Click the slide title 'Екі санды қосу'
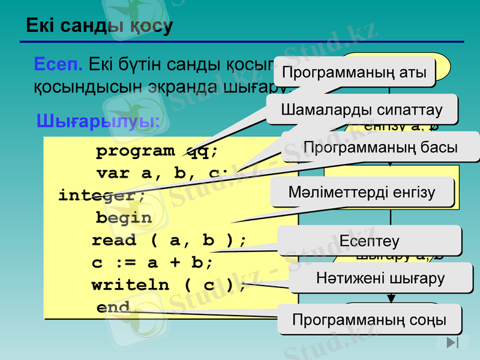click(x=99, y=26)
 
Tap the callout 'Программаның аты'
click(x=354, y=73)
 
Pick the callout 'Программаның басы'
click(x=380, y=147)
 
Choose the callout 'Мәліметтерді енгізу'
click(x=362, y=193)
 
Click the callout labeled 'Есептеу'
click(x=369, y=241)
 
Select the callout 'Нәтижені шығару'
click(x=380, y=278)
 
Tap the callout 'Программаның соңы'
click(x=370, y=319)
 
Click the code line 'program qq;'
click(x=157, y=151)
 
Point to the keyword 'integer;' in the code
click(x=101, y=196)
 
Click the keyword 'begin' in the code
click(x=124, y=218)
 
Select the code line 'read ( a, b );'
click(x=169, y=241)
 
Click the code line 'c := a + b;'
click(x=152, y=263)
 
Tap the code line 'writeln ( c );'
click(x=169, y=285)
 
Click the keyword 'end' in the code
click(x=113, y=308)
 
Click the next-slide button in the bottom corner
click(x=453, y=343)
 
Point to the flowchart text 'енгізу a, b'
click(x=401, y=126)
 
